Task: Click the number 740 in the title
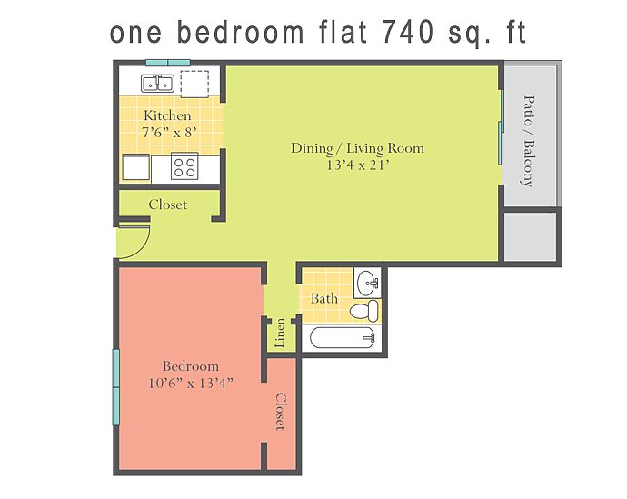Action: click(x=408, y=32)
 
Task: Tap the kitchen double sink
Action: click(x=157, y=84)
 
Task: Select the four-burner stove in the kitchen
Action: click(x=184, y=166)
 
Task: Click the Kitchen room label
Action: click(x=167, y=115)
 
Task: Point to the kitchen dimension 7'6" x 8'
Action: click(x=170, y=132)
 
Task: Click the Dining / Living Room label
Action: click(x=357, y=148)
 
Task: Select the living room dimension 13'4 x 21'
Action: click(x=357, y=165)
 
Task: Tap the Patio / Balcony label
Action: click(x=529, y=141)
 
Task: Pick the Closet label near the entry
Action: click(x=167, y=205)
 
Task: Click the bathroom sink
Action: click(x=368, y=282)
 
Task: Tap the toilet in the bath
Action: click(x=363, y=311)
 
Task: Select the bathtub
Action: click(x=343, y=338)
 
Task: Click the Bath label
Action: click(x=323, y=299)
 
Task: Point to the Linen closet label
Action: click(x=280, y=333)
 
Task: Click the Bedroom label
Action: click(x=190, y=366)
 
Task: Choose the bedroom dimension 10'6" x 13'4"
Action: click(x=190, y=383)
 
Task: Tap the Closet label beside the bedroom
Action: click(x=280, y=412)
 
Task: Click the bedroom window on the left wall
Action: click(x=116, y=387)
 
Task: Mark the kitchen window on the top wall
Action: click(x=168, y=63)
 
